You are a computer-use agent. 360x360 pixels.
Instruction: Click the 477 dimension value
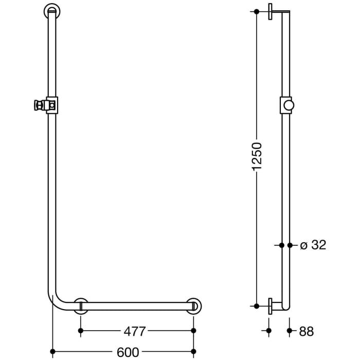coord(136,331)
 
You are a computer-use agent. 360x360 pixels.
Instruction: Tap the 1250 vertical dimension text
coord(257,157)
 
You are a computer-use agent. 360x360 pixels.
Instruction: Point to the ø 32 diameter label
coord(313,246)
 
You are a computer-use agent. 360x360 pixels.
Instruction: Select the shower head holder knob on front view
coord(39,105)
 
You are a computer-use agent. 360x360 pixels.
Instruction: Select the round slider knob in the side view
coord(290,105)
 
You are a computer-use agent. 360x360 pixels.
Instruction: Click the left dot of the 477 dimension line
coord(80,331)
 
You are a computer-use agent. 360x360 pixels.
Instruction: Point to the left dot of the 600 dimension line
coord(51,353)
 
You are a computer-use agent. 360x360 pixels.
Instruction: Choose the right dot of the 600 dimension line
coord(193,353)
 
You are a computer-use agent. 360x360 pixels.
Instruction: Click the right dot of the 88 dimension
coord(290,332)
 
